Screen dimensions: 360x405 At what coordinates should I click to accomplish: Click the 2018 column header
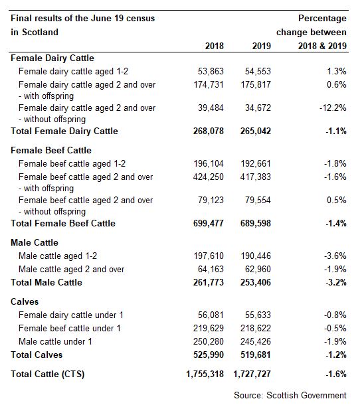pyautogui.click(x=215, y=46)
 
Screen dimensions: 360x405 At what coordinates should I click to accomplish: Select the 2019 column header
pyautogui.click(x=262, y=46)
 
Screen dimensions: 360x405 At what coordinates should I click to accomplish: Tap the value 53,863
pyautogui.click(x=211, y=71)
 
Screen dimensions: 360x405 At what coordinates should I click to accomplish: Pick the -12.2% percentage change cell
pyautogui.click(x=333, y=108)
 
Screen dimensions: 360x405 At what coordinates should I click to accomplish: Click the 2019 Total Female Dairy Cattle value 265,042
pyautogui.click(x=256, y=131)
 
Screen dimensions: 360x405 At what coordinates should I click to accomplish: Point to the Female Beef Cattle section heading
pyautogui.click(x=51, y=150)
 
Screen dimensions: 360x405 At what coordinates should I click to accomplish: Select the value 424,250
pyautogui.click(x=209, y=177)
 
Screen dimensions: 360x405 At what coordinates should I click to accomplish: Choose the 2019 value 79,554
pyautogui.click(x=258, y=200)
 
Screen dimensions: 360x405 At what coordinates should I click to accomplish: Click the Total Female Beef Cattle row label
pyautogui.click(x=63, y=223)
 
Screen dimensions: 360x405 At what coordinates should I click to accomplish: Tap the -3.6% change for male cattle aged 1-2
pyautogui.click(x=335, y=256)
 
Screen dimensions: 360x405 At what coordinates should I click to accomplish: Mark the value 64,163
pyautogui.click(x=211, y=269)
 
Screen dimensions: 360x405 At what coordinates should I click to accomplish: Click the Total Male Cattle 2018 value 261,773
pyautogui.click(x=209, y=282)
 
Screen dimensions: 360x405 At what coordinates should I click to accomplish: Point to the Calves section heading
pyautogui.click(x=25, y=301)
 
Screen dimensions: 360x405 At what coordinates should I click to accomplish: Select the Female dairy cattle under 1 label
pyautogui.click(x=71, y=315)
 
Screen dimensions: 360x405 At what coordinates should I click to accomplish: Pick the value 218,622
pyautogui.click(x=256, y=328)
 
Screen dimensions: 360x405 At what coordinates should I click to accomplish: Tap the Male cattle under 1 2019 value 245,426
pyautogui.click(x=256, y=341)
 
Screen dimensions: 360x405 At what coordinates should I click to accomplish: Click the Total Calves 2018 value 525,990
pyautogui.click(x=209, y=355)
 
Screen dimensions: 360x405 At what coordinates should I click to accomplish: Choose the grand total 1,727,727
pyautogui.click(x=252, y=374)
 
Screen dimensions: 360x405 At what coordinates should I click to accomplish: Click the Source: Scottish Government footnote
pyautogui.click(x=290, y=395)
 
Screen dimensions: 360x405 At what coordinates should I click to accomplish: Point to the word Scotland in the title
pyautogui.click(x=40, y=33)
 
